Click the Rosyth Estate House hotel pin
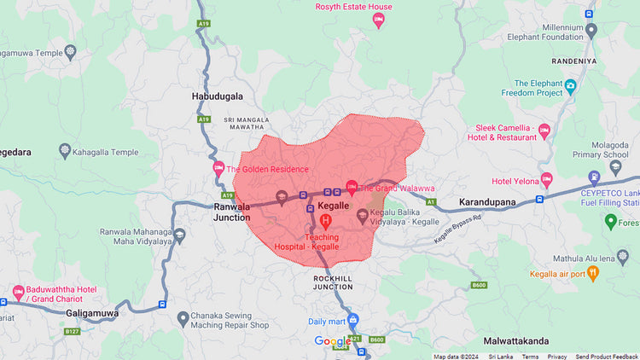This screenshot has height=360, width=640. pyautogui.click(x=379, y=20)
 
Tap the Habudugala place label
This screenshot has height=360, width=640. pyautogui.click(x=217, y=96)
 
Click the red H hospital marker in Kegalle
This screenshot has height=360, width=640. pyautogui.click(x=325, y=221)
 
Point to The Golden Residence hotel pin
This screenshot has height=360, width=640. pyautogui.click(x=218, y=168)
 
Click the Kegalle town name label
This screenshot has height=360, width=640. pyautogui.click(x=334, y=206)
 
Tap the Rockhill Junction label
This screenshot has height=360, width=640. pyautogui.click(x=333, y=282)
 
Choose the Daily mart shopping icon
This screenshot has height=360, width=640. pyautogui.click(x=353, y=321)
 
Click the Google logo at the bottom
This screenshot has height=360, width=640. pyautogui.click(x=333, y=342)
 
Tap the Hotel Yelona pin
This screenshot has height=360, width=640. pyautogui.click(x=546, y=181)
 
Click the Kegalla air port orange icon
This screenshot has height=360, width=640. pyautogui.click(x=594, y=274)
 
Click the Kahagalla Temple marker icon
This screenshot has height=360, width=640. pyautogui.click(x=66, y=153)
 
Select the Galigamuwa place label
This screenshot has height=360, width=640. pyautogui.click(x=90, y=313)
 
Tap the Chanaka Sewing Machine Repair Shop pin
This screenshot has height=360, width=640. pyautogui.click(x=183, y=319)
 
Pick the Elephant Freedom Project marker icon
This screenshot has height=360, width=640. pyautogui.click(x=571, y=87)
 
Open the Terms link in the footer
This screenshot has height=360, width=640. pyautogui.click(x=530, y=356)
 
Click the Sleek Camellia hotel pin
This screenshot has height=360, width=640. pyautogui.click(x=544, y=131)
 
